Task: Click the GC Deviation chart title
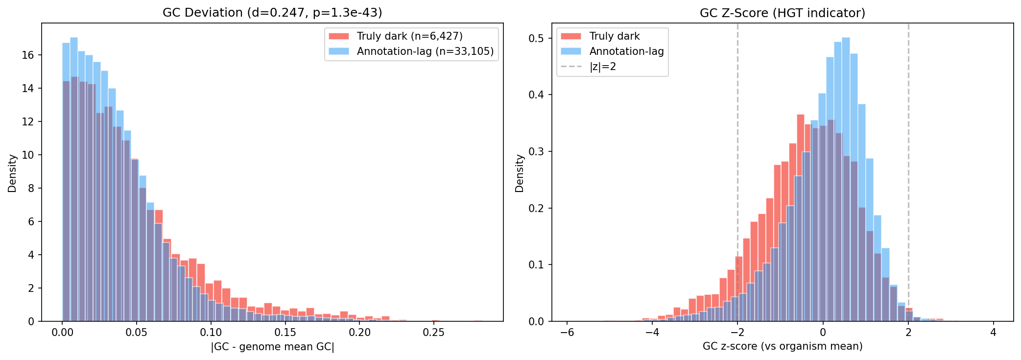coord(272,13)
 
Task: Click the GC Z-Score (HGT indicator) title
coord(782,13)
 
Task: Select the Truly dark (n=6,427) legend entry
coord(409,36)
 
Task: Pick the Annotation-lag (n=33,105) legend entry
coord(425,51)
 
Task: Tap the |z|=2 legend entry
coord(602,67)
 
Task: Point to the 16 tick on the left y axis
coord(28,55)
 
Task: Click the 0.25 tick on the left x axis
coord(433,333)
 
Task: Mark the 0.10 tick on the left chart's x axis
coord(211,333)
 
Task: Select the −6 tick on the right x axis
coord(567,333)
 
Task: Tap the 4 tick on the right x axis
coord(993,333)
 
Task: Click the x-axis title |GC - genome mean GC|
coord(272,347)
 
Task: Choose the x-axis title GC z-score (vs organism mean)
coord(782,347)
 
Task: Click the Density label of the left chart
coord(12,173)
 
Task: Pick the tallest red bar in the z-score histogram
coord(801,220)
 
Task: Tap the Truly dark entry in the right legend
coord(614,36)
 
